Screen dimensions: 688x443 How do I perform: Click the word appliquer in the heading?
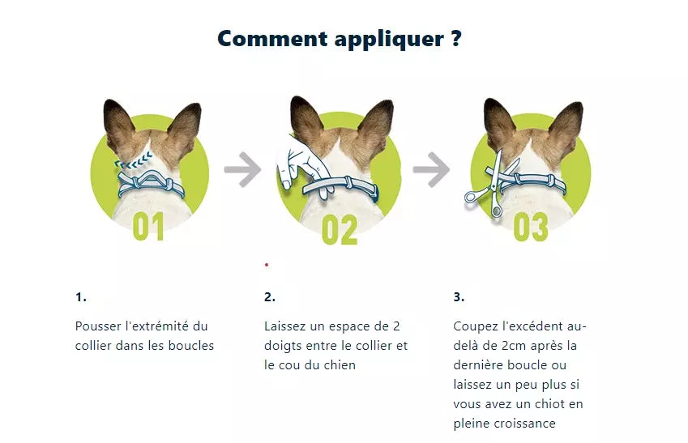[x=389, y=40]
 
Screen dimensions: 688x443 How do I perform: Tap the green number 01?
[x=148, y=226]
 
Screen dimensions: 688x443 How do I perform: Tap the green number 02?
[x=340, y=230]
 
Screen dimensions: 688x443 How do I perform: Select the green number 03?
[x=531, y=227]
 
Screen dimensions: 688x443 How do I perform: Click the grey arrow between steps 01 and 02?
[x=242, y=169]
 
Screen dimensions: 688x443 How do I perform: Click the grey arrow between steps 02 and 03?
[x=431, y=169]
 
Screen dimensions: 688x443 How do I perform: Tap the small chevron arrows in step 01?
[x=134, y=160]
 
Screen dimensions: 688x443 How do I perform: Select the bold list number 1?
[x=81, y=297]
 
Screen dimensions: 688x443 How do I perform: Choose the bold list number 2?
[x=270, y=297]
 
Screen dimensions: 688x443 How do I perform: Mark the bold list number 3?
[x=459, y=297]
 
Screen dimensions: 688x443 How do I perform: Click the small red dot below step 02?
[x=267, y=265]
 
